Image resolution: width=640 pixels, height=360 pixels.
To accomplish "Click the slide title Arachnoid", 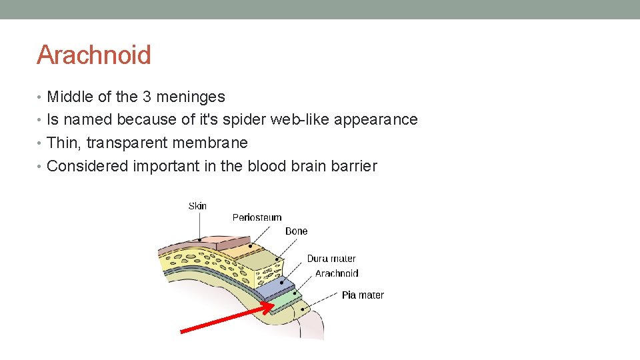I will click(94, 55).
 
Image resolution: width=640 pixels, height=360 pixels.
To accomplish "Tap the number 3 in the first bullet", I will click(148, 97).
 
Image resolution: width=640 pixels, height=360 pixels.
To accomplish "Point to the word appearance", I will click(376, 120).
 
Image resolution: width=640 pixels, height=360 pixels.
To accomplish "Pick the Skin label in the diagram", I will click(197, 206).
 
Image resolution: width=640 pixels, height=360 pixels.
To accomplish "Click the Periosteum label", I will click(257, 217).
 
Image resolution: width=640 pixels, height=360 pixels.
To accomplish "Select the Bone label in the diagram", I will click(296, 231).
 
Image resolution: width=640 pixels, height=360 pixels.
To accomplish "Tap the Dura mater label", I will click(331, 259).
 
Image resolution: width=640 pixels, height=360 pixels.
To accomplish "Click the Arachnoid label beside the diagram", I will click(337, 273).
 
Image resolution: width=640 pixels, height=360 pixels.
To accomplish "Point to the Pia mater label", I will click(363, 295).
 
